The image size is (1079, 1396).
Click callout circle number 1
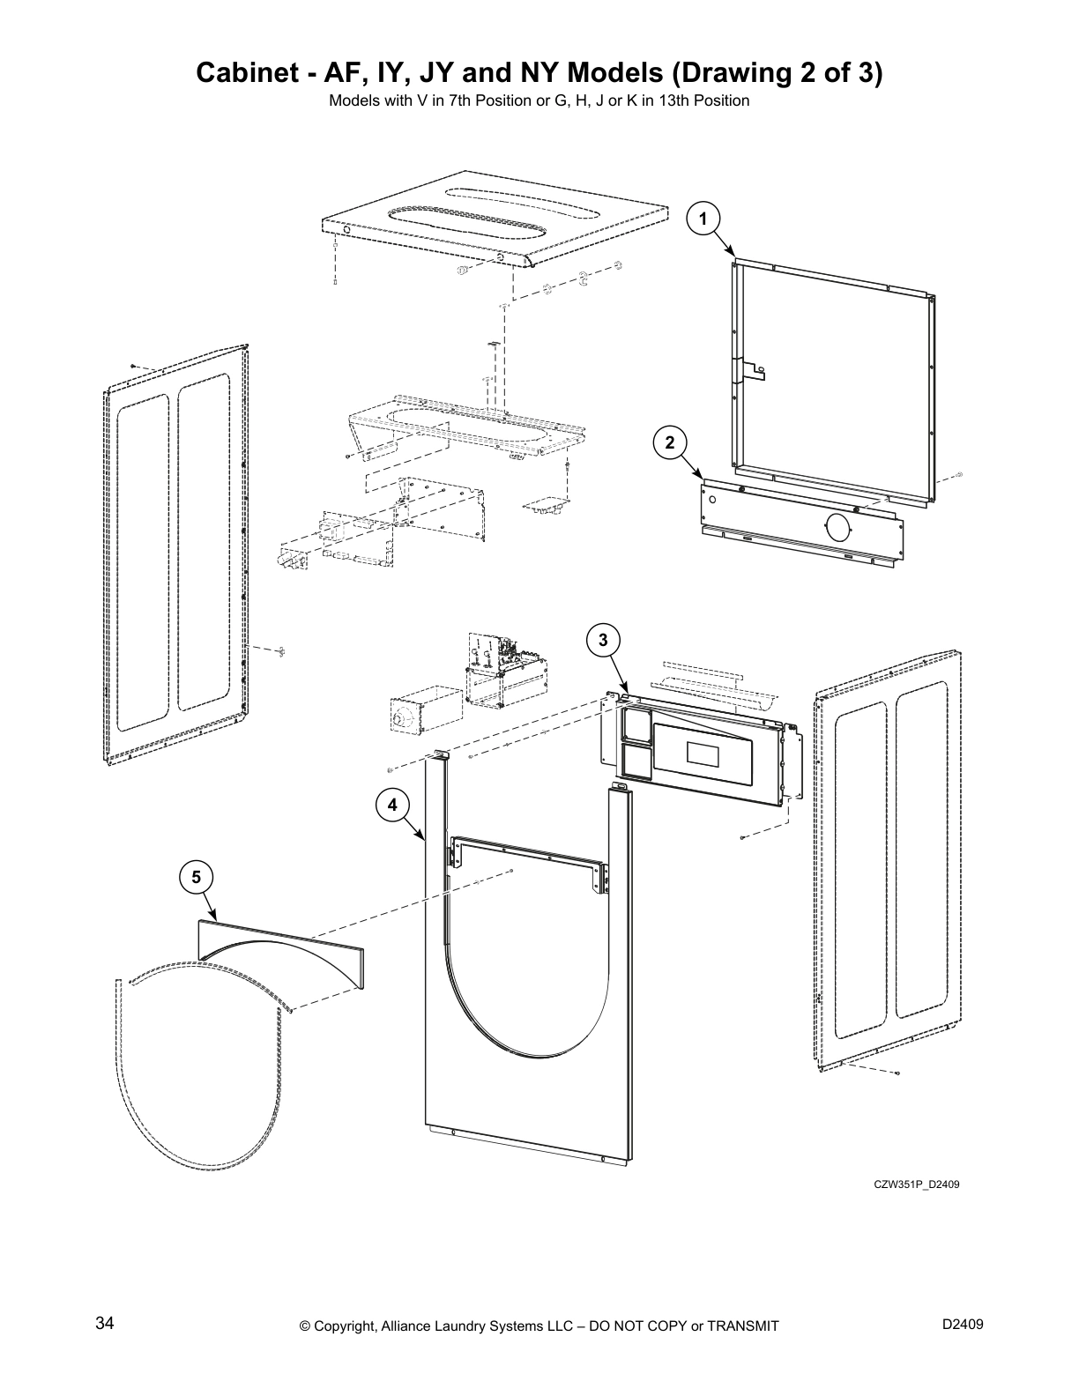pyautogui.click(x=703, y=216)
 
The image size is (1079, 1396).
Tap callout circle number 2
pyautogui.click(x=670, y=442)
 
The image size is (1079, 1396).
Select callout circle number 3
pyautogui.click(x=603, y=640)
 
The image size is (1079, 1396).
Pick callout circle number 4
pyautogui.click(x=392, y=804)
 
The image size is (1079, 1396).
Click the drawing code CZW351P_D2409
pyautogui.click(x=916, y=1184)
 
